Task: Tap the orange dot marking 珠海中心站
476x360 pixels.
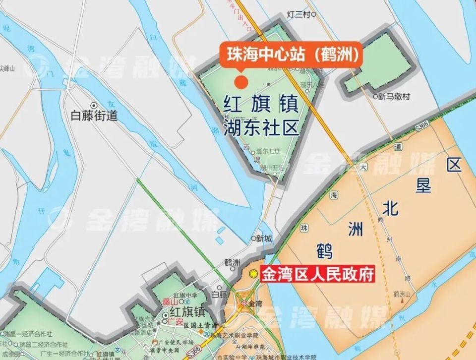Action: [x=241, y=81]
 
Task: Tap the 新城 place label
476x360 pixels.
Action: [x=263, y=239]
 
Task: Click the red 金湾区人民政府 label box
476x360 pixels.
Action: [x=317, y=274]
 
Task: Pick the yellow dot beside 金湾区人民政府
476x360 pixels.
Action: [x=253, y=273]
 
